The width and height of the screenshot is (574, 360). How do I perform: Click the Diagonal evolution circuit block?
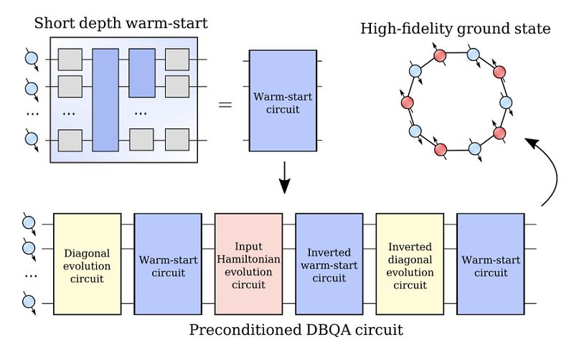[86, 264]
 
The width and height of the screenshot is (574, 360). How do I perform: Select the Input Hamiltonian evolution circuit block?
[248, 264]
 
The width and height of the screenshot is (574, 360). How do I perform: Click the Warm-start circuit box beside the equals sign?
[282, 100]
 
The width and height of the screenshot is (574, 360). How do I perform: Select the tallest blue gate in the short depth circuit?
[105, 99]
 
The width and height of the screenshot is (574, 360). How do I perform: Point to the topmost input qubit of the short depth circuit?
[31, 60]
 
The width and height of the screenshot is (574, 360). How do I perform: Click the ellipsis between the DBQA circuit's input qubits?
[29, 275]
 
